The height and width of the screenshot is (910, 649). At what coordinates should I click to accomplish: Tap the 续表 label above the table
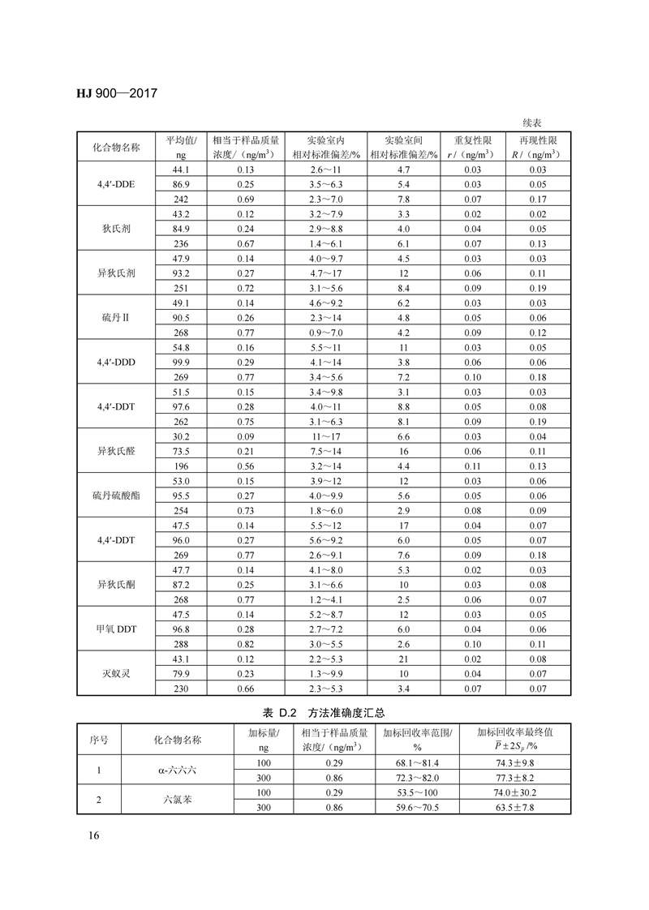pyautogui.click(x=533, y=122)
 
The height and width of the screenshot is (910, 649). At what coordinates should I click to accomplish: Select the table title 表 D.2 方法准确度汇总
pyautogui.click(x=324, y=713)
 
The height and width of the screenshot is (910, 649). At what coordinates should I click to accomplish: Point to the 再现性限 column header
pyautogui.click(x=537, y=146)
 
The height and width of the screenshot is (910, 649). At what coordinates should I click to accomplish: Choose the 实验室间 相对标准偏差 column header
pyautogui.click(x=403, y=146)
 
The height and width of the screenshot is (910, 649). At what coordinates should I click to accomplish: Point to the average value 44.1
pyautogui.click(x=181, y=170)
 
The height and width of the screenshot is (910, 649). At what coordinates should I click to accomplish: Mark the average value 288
pyautogui.click(x=181, y=644)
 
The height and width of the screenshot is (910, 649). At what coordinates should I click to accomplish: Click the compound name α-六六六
pyautogui.click(x=177, y=770)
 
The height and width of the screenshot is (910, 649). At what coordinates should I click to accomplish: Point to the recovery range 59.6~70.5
pyautogui.click(x=417, y=807)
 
